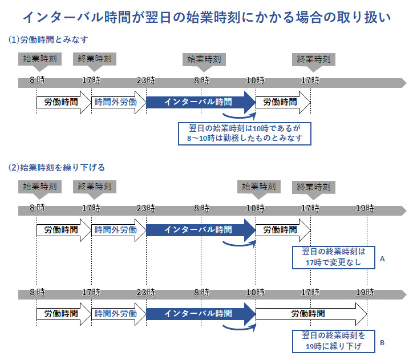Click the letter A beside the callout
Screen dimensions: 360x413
tap(383, 259)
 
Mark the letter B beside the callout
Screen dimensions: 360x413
tap(383, 343)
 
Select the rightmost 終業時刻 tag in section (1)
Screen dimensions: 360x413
tap(311, 59)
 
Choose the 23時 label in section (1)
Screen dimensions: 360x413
tap(146, 81)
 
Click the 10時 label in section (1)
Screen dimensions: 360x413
tap(256, 81)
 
